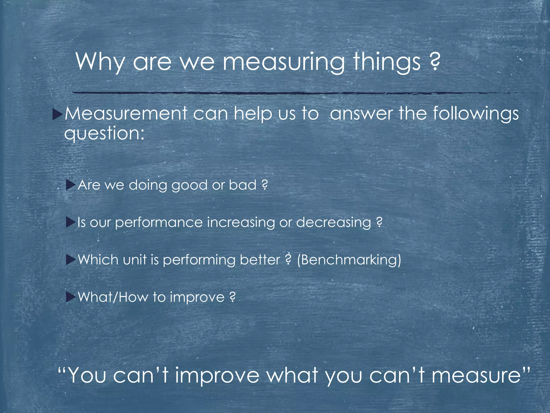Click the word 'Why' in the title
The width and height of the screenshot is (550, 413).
tap(100, 62)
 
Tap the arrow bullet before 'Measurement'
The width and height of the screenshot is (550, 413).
tap(57, 115)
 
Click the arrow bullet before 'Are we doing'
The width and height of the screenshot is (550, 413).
tap(70, 185)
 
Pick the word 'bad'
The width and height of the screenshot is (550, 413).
tap(243, 185)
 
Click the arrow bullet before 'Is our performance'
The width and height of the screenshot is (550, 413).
tap(70, 223)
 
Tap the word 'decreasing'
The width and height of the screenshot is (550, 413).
tap(334, 223)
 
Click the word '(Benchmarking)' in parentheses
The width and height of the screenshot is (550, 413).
tap(349, 260)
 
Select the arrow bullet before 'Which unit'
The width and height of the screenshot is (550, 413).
tap(70, 260)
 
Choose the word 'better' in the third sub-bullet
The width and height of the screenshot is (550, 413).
tap(260, 260)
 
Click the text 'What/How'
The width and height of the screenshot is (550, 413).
tap(113, 297)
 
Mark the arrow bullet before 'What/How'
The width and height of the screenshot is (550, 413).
tap(70, 297)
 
